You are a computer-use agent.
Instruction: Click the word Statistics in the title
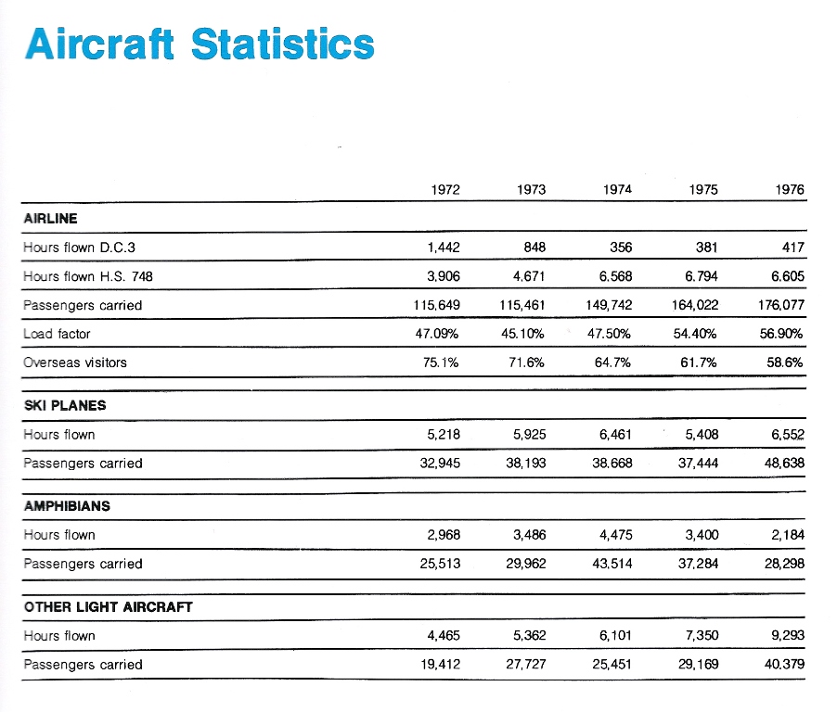pos(283,44)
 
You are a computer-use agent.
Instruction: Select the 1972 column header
pos(445,190)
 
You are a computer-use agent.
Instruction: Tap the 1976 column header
pos(790,190)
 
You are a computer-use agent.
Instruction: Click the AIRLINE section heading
pos(51,219)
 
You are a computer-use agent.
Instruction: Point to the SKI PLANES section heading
pos(65,406)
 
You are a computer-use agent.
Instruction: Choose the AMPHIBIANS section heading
pos(67,506)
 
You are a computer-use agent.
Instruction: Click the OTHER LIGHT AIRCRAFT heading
pos(109,607)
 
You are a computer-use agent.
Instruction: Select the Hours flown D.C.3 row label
pos(80,248)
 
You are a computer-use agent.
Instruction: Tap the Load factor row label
pos(58,334)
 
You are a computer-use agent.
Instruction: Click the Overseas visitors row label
pos(75,362)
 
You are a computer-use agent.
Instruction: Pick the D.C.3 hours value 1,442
pos(444,248)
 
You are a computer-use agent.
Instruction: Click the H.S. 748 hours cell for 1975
pos(702,276)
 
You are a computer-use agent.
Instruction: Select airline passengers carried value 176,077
pos(781,305)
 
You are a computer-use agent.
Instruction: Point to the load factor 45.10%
pos(522,334)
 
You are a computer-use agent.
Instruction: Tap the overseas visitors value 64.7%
pos(612,362)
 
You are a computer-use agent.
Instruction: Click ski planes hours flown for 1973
pos(530,435)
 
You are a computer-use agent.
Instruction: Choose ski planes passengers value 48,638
pos(784,463)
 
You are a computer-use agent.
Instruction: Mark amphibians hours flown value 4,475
pos(615,535)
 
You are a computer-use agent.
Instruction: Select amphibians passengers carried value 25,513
pos(440,564)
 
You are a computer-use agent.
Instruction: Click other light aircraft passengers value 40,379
pos(784,665)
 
